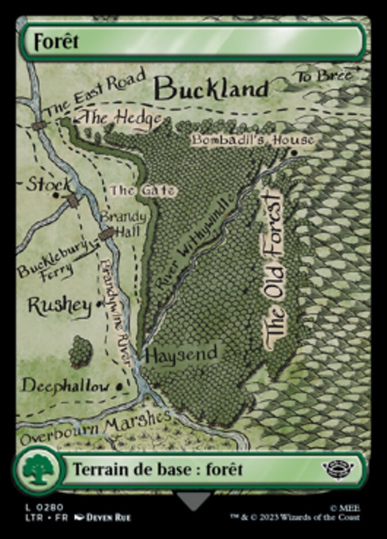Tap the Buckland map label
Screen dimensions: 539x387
click(x=212, y=89)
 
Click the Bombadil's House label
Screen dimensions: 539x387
click(x=253, y=140)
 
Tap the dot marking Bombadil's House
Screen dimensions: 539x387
click(x=294, y=153)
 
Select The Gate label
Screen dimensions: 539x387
click(x=143, y=190)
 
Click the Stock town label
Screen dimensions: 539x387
click(x=50, y=185)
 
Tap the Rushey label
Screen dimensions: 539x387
click(x=60, y=306)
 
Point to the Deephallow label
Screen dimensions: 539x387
click(x=65, y=385)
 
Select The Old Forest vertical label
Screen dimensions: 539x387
click(x=274, y=271)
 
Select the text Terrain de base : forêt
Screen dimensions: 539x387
click(x=157, y=469)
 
